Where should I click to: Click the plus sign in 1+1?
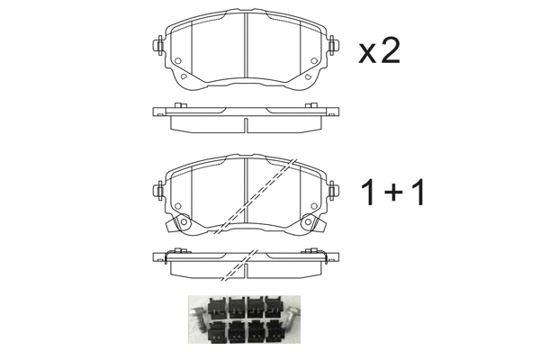point(393,193)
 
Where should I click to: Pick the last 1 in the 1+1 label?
point(416,192)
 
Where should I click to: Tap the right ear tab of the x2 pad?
point(333,44)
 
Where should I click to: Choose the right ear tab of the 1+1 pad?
point(333,191)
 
